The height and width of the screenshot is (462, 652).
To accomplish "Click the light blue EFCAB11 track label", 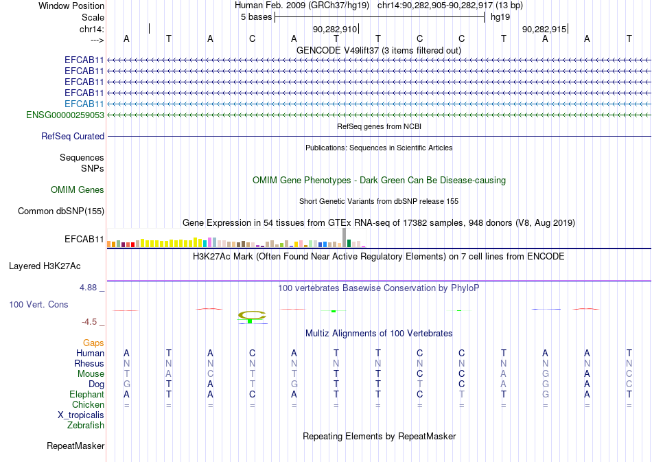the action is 84,104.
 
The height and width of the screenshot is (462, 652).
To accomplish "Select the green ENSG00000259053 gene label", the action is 65,115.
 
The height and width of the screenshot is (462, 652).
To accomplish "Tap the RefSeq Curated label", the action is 73,137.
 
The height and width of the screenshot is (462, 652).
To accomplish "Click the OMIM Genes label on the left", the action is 78,190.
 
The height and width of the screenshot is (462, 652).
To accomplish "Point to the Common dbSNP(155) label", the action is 61,211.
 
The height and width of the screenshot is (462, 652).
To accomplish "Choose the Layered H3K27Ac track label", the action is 45,266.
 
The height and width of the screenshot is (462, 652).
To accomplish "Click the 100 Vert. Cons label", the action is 38,304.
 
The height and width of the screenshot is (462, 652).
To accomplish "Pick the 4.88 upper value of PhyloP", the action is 88,288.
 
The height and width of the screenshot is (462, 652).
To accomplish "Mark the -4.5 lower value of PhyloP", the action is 89,322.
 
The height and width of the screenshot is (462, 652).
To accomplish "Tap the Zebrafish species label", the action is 86,426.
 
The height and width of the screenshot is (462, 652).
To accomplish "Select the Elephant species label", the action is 87,395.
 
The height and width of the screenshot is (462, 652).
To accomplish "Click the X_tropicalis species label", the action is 81,415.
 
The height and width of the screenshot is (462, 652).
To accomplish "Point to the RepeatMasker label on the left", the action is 75,446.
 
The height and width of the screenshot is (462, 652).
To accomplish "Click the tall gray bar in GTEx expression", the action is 345,238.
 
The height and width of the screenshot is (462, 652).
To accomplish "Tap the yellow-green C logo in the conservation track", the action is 252,316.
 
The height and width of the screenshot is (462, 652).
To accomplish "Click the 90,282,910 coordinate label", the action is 335,29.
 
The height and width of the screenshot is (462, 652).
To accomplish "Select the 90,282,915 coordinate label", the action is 544,29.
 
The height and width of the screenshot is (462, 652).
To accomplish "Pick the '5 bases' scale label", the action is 257,17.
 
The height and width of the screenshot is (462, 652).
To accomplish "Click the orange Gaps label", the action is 93,343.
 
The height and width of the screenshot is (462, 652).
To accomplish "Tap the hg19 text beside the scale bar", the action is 500,17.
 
